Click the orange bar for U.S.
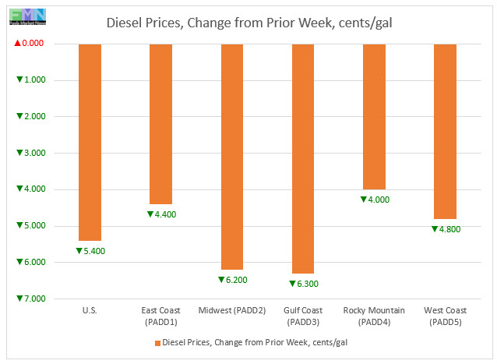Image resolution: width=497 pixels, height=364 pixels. [90, 142]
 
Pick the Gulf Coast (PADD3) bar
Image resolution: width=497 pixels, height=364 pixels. [302, 158]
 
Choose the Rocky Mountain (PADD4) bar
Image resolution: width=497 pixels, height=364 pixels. [374, 116]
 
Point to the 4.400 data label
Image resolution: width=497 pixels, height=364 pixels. [162, 214]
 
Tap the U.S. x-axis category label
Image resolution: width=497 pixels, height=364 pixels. [90, 310]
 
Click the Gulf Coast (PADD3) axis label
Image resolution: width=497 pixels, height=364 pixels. [303, 316]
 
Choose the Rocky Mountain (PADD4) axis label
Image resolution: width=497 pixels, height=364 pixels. [374, 316]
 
